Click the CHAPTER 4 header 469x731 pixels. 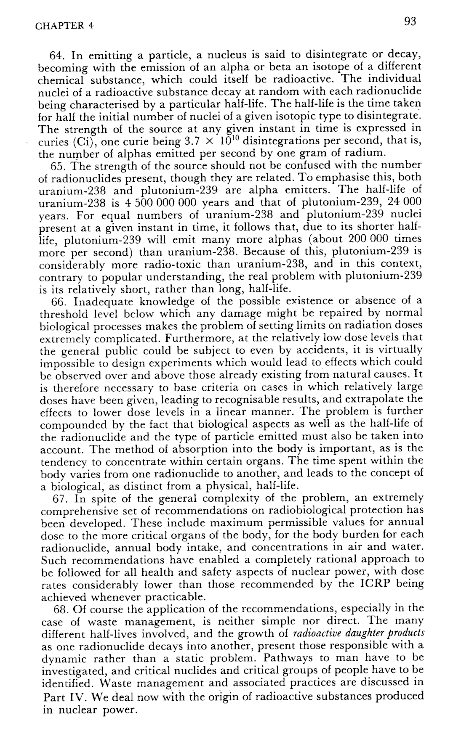[64, 26]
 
